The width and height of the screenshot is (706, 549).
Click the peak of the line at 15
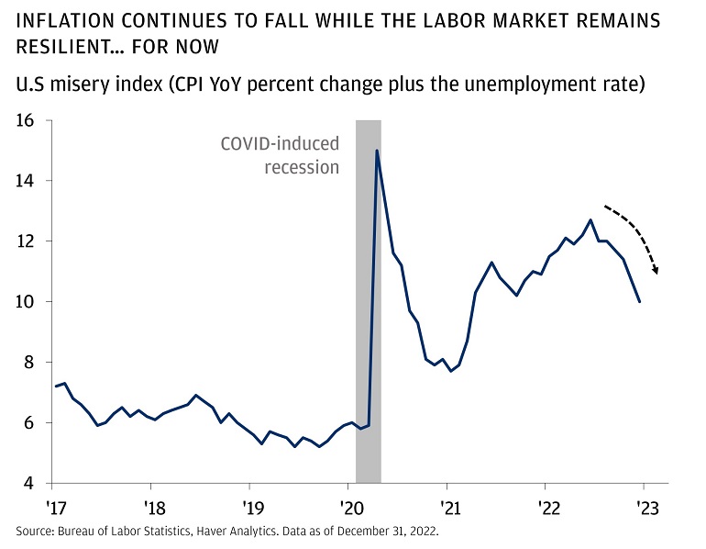[x=377, y=151]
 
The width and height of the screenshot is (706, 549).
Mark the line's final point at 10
[x=640, y=301]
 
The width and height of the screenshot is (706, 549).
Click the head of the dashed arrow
[x=656, y=272]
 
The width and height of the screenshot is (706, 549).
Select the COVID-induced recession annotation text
[x=280, y=155]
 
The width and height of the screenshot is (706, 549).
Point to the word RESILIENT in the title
[x=64, y=45]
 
